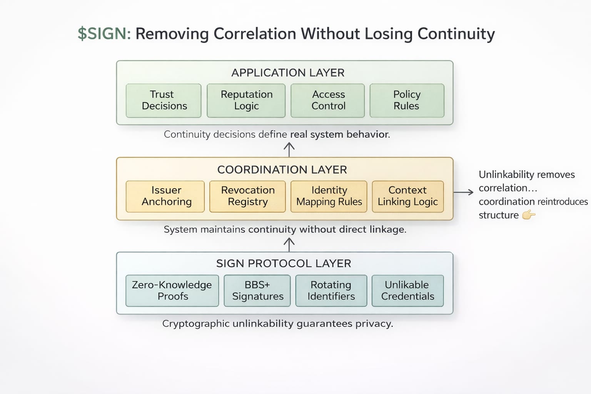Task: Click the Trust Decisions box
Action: coord(164,100)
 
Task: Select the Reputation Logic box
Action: coord(246,100)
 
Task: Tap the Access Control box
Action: coord(328,100)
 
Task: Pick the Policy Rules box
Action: coord(407,100)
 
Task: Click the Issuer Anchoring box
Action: coord(165,196)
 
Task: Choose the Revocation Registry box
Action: coord(248,196)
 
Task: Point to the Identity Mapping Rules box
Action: coord(329,196)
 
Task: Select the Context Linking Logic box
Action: coord(408,196)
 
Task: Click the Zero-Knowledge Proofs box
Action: coord(172,290)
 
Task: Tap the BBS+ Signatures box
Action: coord(257,290)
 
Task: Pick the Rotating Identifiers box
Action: coord(331,290)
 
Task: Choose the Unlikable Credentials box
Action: coord(407,290)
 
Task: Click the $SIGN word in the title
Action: coord(104,34)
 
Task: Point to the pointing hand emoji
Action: coord(529,215)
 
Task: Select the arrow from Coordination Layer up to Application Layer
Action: coord(289,149)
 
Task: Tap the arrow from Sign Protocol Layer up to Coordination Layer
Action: coord(289,244)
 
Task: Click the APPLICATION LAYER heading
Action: coord(288,73)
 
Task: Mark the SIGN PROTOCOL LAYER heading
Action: coord(284,264)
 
